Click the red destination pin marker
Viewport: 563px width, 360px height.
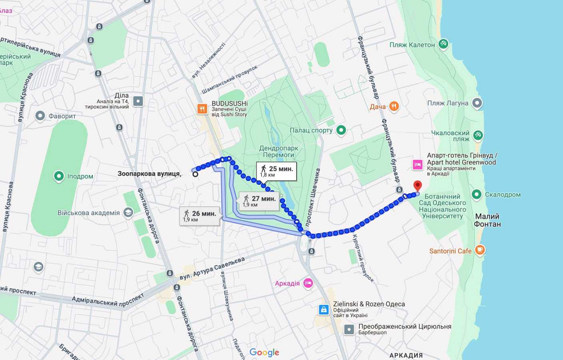coord(417,186)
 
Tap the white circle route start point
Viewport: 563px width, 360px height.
coord(195,175)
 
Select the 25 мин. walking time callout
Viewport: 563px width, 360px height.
coord(276,170)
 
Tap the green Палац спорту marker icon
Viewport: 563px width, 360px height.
coord(341,131)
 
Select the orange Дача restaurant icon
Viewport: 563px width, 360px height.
coord(394,106)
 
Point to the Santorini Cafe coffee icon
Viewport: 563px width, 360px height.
coord(480,250)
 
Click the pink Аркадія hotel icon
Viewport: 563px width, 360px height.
coord(308,283)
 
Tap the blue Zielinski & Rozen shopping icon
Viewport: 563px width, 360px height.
coord(324,309)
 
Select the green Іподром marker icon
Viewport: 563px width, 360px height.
coord(59,176)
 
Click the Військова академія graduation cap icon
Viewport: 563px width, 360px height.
coord(128,212)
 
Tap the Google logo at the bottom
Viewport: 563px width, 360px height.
coord(264,352)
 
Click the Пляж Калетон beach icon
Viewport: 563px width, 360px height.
coord(444,43)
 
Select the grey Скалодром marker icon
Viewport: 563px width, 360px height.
coord(476,194)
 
